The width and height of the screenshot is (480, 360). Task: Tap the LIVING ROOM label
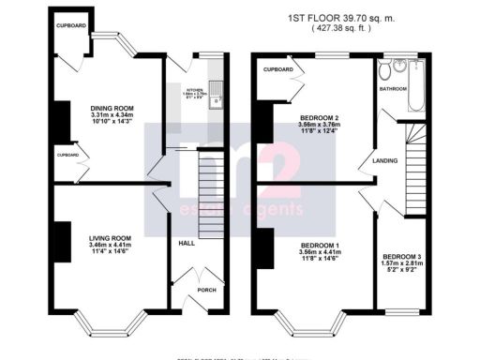tap(110, 238)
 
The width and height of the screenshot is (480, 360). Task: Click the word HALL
tap(187, 243)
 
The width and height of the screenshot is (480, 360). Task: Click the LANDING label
tap(385, 160)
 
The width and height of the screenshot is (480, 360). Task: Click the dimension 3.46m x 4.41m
tap(110, 246)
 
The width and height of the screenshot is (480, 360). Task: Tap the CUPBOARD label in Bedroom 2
tap(278, 69)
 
